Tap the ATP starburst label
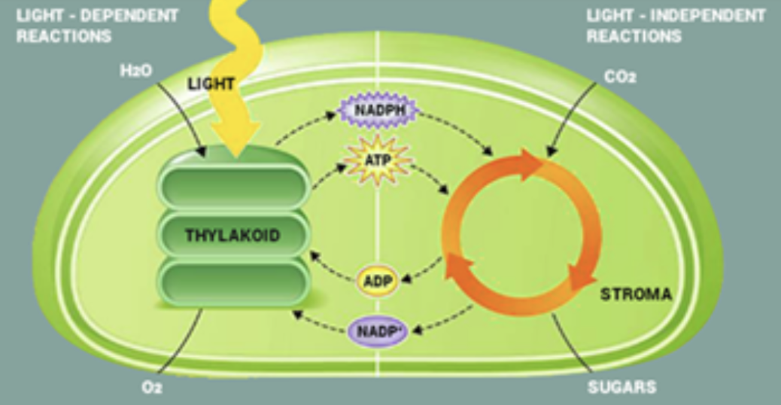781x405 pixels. tap(378, 161)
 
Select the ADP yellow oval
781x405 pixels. tap(376, 281)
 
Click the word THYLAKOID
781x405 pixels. tap(232, 236)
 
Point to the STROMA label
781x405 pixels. tap(636, 294)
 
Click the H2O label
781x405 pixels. tap(135, 70)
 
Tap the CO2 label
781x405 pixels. tap(620, 76)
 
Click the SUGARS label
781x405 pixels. tap(621, 388)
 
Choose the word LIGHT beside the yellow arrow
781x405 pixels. tap(211, 84)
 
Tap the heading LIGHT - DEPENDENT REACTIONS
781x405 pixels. tap(97, 26)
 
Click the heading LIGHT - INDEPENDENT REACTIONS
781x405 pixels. tap(676, 26)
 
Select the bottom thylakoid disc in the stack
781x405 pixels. tap(234, 282)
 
